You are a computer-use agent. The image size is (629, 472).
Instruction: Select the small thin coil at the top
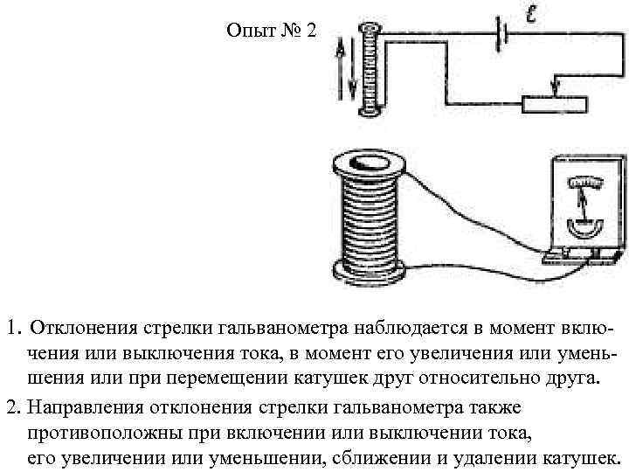(370, 70)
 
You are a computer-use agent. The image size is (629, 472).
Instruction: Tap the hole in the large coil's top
(364, 163)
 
